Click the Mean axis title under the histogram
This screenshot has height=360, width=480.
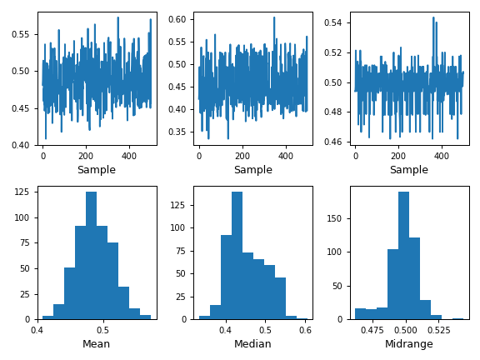coord(97,344)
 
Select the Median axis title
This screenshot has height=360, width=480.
coord(252,344)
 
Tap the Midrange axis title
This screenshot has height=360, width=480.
coord(408,344)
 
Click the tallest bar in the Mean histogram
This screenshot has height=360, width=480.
coord(91,255)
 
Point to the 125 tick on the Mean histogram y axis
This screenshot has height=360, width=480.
coord(23,192)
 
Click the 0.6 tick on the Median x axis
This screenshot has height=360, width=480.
coord(305,330)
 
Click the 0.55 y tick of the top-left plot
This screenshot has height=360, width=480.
coord(20,34)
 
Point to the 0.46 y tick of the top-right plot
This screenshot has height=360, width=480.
coord(332,142)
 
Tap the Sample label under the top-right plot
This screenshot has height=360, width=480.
coord(408,170)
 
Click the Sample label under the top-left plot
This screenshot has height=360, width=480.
coord(97,170)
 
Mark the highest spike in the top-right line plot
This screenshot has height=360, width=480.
coord(433,17)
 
